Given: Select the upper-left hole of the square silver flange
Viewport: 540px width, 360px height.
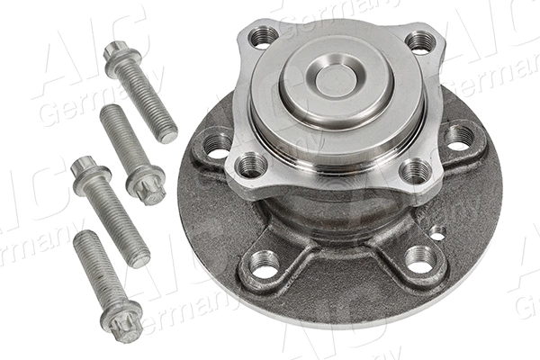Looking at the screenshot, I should [x=263, y=37].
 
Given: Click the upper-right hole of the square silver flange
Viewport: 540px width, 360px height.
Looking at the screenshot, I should [x=420, y=41].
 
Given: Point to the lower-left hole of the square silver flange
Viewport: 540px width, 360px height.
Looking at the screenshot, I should [x=251, y=166].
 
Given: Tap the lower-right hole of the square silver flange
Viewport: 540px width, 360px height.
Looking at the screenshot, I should [x=415, y=170].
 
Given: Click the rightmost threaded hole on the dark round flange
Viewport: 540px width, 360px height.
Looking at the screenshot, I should [x=460, y=137].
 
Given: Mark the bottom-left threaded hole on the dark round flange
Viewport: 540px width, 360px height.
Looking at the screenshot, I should [x=264, y=263].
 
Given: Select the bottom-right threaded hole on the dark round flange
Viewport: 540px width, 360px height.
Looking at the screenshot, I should [x=419, y=261].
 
